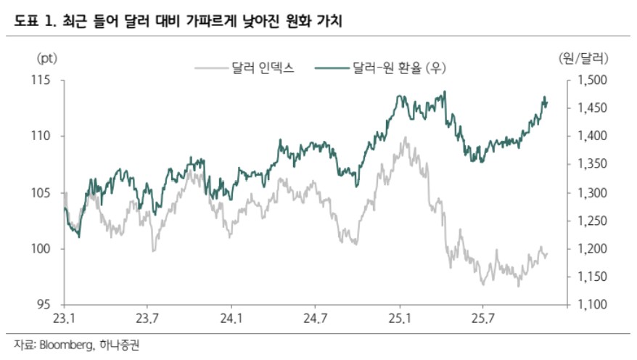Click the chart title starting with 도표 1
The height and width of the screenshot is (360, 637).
click(x=173, y=22)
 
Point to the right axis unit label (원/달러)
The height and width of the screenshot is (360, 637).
click(x=585, y=57)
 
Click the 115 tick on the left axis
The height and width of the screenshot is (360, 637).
click(x=46, y=80)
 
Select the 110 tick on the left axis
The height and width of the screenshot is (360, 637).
click(x=46, y=136)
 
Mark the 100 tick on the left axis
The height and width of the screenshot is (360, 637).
click(x=46, y=249)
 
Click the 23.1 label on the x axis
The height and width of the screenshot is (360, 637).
click(x=65, y=318)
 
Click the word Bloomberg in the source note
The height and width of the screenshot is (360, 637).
click(x=63, y=345)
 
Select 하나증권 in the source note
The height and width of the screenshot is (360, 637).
click(x=119, y=345)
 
